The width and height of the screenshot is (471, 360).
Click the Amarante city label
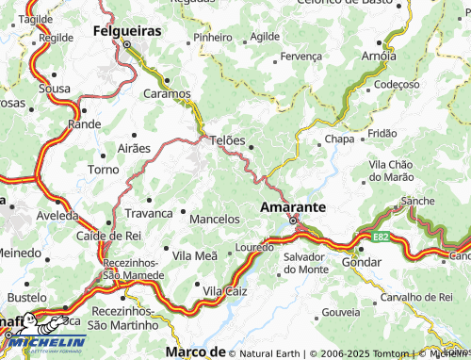coord(292,205)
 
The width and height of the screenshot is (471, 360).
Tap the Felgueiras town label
coord(127,30)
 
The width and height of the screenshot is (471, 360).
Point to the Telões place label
coord(227,140)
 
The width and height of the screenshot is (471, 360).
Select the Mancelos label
coord(215,219)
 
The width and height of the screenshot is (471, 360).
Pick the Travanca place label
coord(149,213)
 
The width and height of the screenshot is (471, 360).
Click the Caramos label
coord(167,94)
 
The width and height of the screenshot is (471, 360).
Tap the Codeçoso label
coord(396,84)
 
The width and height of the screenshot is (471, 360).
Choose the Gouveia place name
coord(341,311)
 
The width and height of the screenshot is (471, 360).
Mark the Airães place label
coord(134,149)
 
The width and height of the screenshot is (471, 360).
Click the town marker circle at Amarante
coord(293,221)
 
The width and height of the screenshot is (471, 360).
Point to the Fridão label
coord(382,134)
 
